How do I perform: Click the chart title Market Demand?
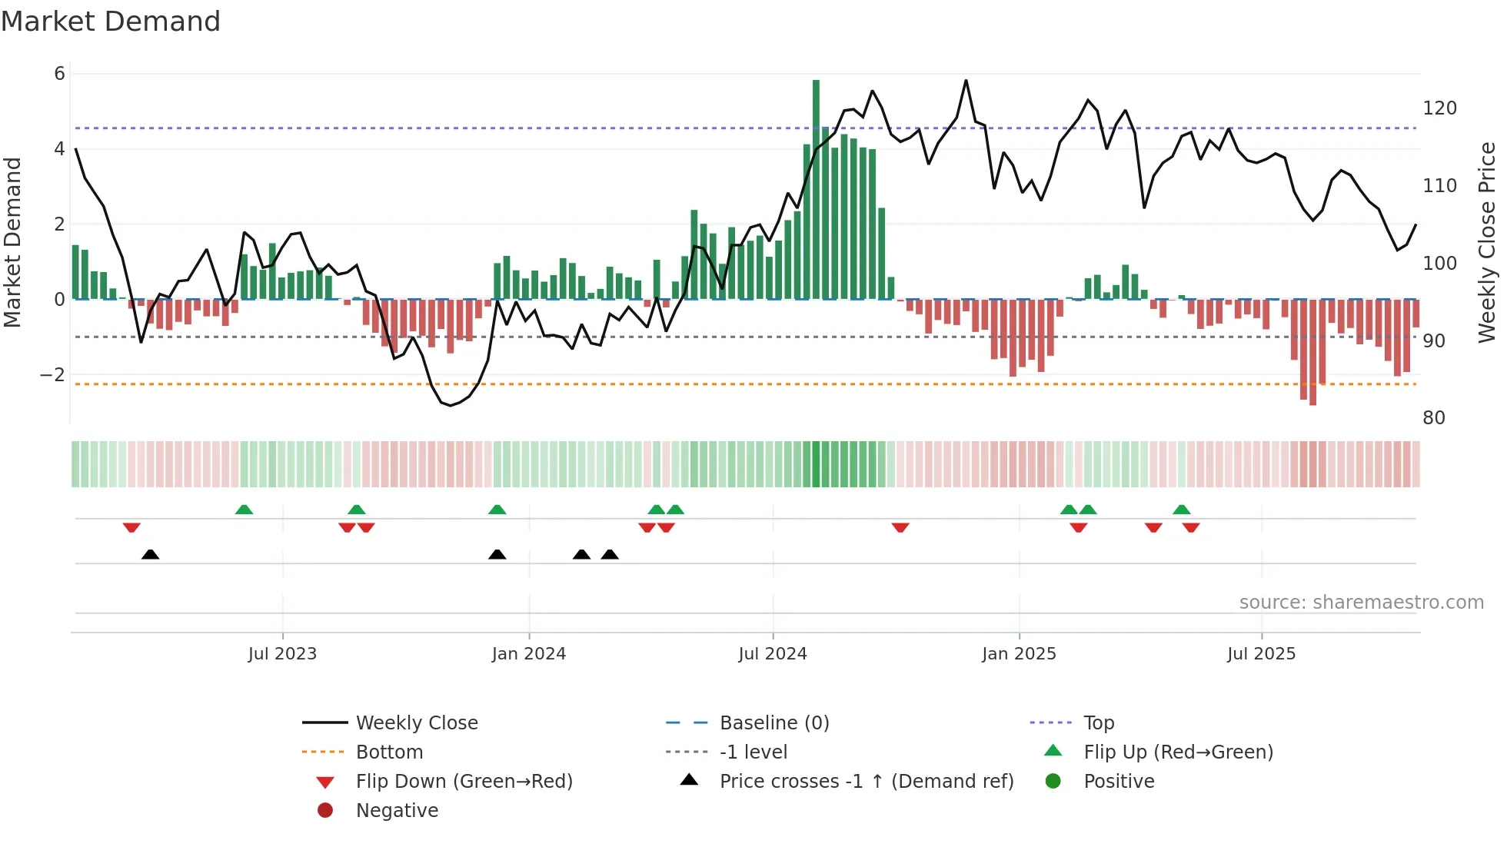point(111,22)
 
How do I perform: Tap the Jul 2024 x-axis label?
point(773,654)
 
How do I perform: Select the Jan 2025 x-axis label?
point(1019,654)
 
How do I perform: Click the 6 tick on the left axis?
point(59,74)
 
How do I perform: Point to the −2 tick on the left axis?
point(53,375)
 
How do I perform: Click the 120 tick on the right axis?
point(1439,108)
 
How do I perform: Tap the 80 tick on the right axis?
point(1434,418)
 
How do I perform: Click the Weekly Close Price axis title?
point(1487,242)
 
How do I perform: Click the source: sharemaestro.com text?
point(1361,603)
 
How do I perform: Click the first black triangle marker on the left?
point(151,554)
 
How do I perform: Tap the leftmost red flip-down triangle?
point(131,527)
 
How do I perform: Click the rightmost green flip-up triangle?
point(1182,510)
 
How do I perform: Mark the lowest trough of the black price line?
point(451,405)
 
